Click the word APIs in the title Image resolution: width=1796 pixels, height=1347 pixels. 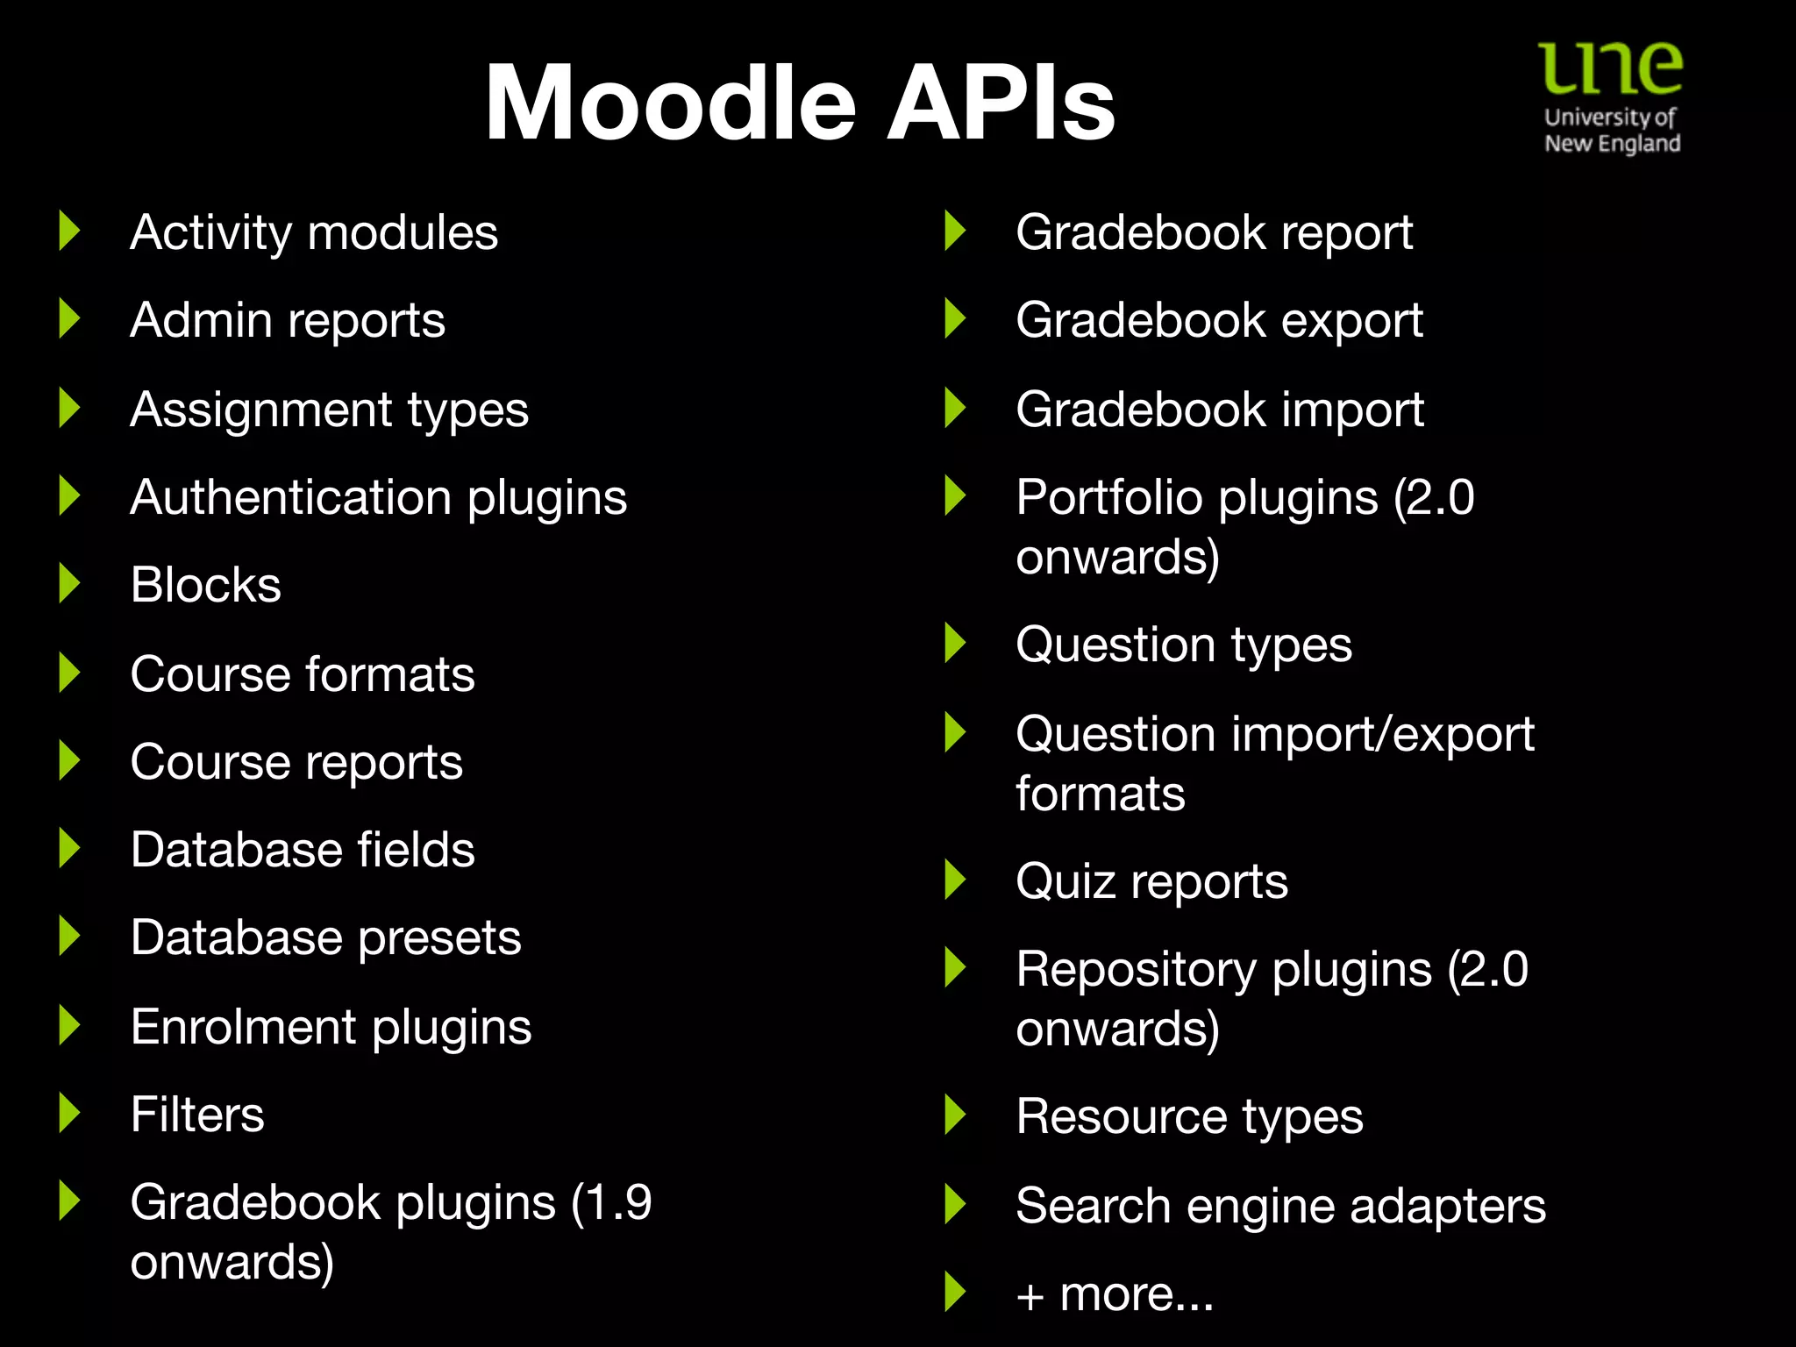click(x=1000, y=103)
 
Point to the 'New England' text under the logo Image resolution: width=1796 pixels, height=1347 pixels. click(x=1612, y=144)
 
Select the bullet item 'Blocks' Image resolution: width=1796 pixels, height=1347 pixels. click(x=205, y=585)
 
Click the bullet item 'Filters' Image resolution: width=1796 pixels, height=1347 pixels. click(x=197, y=1115)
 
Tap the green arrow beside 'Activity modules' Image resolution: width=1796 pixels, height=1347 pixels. click(x=69, y=231)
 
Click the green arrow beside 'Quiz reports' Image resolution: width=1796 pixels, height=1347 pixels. click(x=955, y=880)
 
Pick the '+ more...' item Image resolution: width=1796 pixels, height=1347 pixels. click(x=1115, y=1294)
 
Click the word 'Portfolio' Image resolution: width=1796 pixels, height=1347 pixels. click(x=1109, y=497)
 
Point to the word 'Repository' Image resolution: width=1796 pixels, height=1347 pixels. click(x=1137, y=970)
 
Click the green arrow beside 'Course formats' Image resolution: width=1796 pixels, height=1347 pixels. click(x=69, y=673)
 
